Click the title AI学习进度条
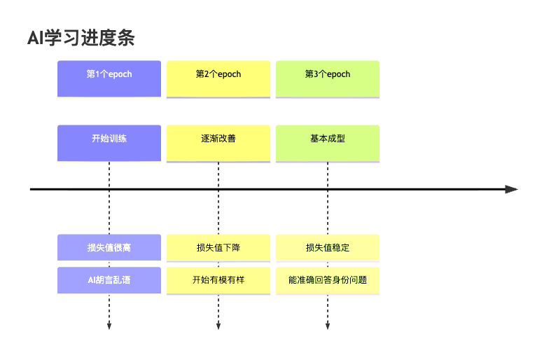[x=81, y=39]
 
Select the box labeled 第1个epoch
[x=109, y=78]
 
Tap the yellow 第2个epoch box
[x=218, y=78]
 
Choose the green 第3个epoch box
[x=328, y=78]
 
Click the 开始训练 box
[x=109, y=143]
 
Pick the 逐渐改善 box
[x=218, y=143]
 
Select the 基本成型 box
[x=328, y=143]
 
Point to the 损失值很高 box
[x=109, y=247]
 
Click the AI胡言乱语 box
[x=109, y=280]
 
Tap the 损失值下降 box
[x=218, y=247]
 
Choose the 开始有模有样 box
[x=218, y=280]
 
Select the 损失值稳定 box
[x=328, y=247]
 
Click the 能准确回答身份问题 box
[x=328, y=280]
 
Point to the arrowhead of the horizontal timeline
[x=512, y=189]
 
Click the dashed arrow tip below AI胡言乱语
[x=109, y=326]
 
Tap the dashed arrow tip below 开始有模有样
[x=218, y=326]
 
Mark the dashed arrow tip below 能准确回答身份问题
[x=328, y=326]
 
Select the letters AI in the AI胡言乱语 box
[x=91, y=280]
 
